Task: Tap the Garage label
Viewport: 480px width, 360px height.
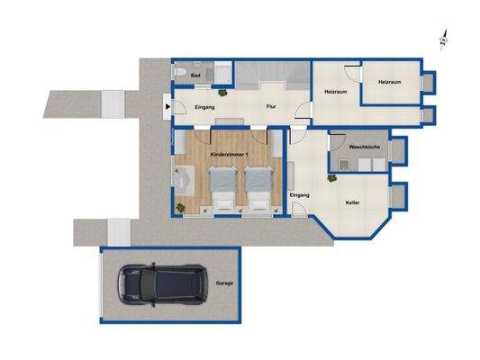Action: pyautogui.click(x=224, y=283)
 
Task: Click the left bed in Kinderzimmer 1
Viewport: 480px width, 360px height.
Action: pyautogui.click(x=222, y=188)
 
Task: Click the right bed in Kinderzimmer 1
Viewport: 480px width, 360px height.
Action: pyautogui.click(x=258, y=188)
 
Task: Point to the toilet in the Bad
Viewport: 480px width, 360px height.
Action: pyautogui.click(x=180, y=72)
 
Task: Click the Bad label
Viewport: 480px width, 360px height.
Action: pyautogui.click(x=196, y=76)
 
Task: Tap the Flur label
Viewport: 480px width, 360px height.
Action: pyautogui.click(x=269, y=107)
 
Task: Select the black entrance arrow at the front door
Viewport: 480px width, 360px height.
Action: pyautogui.click(x=166, y=107)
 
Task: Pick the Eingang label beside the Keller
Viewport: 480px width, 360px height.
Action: pyautogui.click(x=300, y=194)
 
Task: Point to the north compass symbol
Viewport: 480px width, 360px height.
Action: pyautogui.click(x=443, y=38)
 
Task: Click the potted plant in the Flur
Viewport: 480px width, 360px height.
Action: pyautogui.click(x=232, y=92)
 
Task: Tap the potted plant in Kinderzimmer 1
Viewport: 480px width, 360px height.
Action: pyautogui.click(x=183, y=209)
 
